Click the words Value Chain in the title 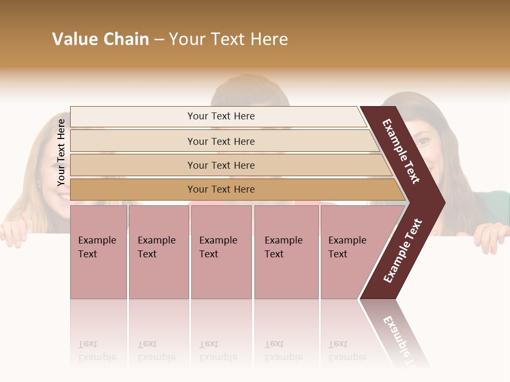click(x=100, y=39)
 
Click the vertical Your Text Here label click(x=61, y=152)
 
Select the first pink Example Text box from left click(x=98, y=252)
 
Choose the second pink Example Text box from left click(x=158, y=252)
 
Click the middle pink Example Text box click(x=221, y=252)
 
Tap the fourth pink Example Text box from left click(x=286, y=252)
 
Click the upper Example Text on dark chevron click(x=401, y=151)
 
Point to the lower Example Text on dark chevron click(x=403, y=251)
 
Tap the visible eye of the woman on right click(x=423, y=142)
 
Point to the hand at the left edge click(x=14, y=233)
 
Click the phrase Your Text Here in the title click(x=228, y=39)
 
